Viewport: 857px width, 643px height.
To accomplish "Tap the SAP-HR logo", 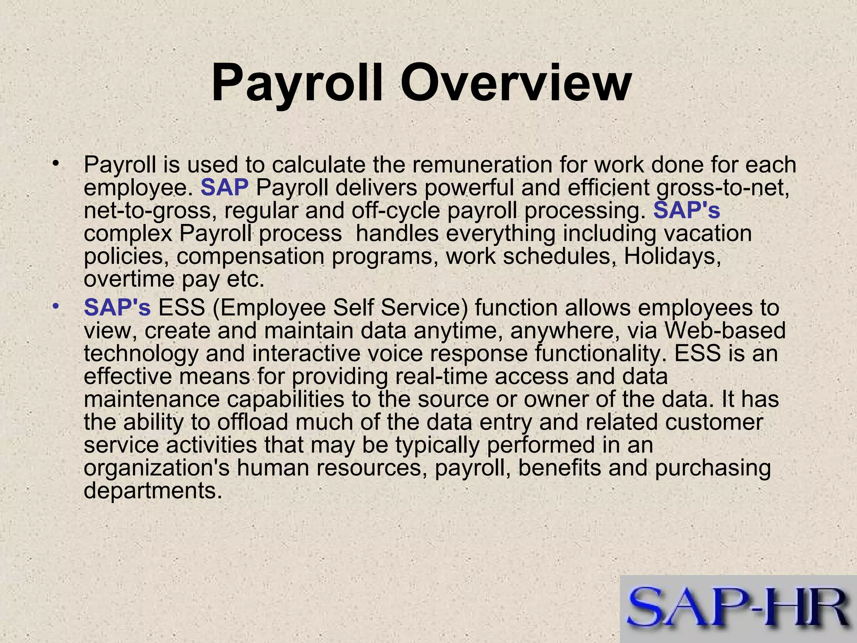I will click(738, 609).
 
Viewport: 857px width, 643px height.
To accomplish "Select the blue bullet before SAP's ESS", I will click(55, 307).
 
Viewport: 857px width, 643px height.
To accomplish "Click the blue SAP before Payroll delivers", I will click(225, 188).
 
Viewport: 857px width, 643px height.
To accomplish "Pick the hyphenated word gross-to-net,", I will click(723, 188).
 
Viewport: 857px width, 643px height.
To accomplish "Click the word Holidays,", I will click(672, 256).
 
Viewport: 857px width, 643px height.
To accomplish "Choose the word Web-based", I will click(725, 331).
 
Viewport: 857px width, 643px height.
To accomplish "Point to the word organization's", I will click(157, 468).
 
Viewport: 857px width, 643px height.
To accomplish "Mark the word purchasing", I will click(713, 468).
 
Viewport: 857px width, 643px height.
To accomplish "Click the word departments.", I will click(153, 491).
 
